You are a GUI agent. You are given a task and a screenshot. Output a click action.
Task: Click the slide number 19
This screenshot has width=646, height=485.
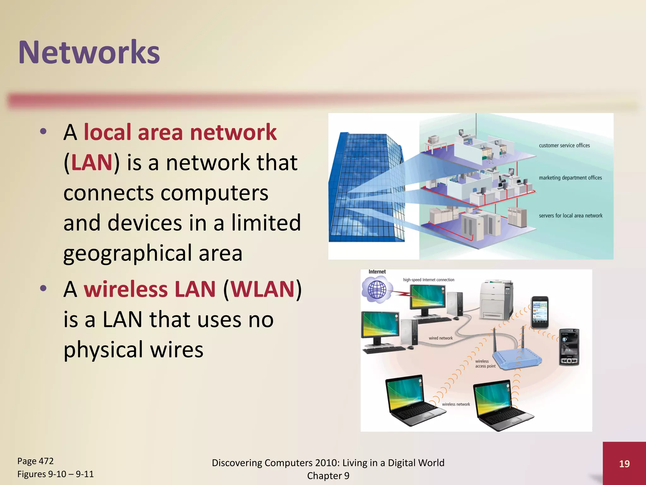(624, 464)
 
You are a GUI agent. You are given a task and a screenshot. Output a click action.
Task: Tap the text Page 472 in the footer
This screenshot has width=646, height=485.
(35, 461)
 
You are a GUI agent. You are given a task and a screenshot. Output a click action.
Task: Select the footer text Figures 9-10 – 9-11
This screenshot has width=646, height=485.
(56, 474)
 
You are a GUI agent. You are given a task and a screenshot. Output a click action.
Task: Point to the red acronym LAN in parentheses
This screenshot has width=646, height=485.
(91, 162)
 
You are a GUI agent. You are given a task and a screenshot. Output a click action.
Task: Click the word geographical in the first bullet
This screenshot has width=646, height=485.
(127, 253)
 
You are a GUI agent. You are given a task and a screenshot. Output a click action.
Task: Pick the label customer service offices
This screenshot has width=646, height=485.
(564, 146)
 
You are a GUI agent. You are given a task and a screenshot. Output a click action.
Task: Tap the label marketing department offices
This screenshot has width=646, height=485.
(570, 178)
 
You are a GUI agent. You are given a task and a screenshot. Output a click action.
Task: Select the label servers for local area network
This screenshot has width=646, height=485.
(571, 216)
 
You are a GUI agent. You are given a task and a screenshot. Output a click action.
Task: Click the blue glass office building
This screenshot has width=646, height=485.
(366, 189)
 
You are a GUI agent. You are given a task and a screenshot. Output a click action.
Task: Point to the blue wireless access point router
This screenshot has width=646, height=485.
(517, 358)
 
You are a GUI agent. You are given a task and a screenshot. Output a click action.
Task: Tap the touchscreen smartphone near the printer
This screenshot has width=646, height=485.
(540, 313)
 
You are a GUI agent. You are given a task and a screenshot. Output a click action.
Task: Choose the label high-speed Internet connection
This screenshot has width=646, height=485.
(429, 280)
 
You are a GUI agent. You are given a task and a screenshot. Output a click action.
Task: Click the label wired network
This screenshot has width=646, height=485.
(441, 338)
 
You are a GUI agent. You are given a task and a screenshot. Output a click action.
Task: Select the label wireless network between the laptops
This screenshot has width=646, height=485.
(456, 404)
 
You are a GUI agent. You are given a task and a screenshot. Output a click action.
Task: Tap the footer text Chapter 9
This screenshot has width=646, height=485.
(328, 476)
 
